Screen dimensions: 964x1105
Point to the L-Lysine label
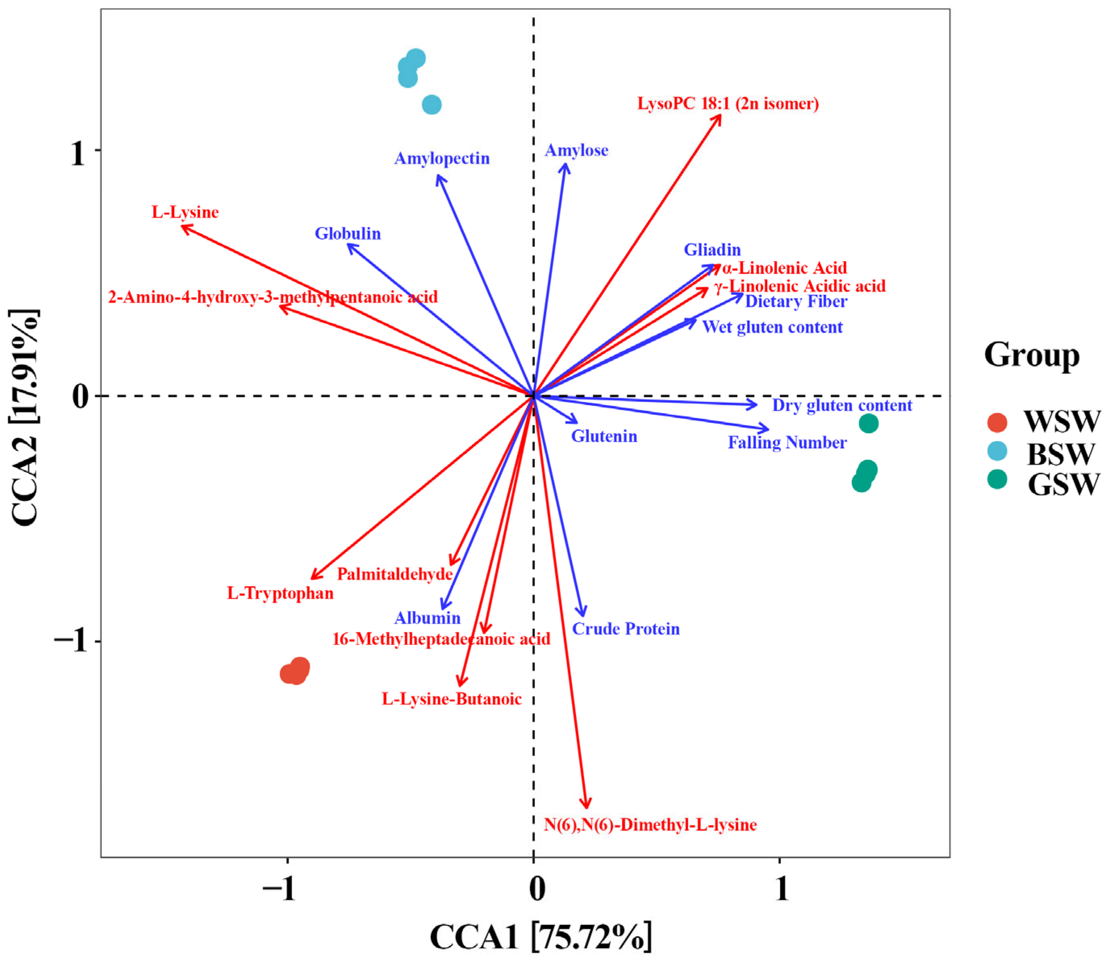(x=185, y=212)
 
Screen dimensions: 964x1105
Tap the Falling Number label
(x=787, y=443)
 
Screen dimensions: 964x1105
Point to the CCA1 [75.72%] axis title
(x=540, y=937)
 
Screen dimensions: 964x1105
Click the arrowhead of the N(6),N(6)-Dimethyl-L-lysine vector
(x=587, y=807)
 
